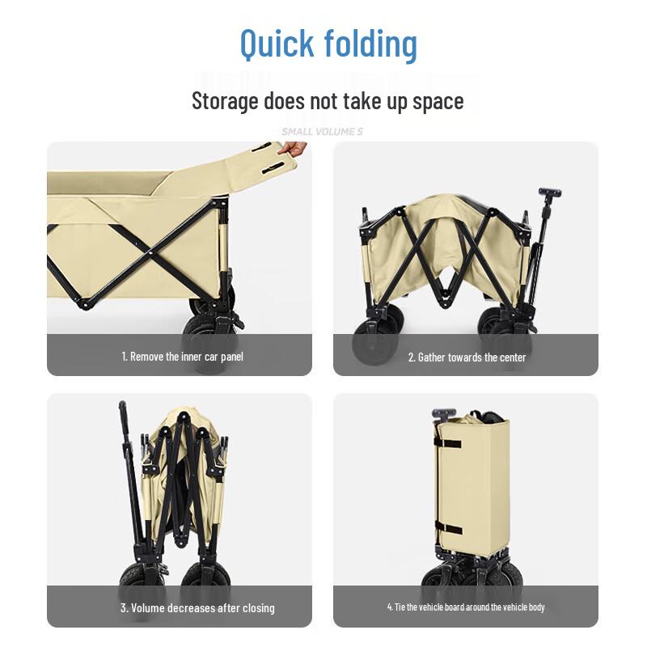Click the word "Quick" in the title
pyautogui.click(x=278, y=44)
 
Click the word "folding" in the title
pyautogui.click(x=371, y=44)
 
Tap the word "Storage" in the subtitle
pyautogui.click(x=225, y=101)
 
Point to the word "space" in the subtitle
pyautogui.click(x=437, y=101)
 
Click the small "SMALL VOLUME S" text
pyautogui.click(x=323, y=131)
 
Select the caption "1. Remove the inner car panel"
pyautogui.click(x=182, y=356)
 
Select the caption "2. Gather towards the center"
pyautogui.click(x=467, y=357)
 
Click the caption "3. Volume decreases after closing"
pyautogui.click(x=197, y=607)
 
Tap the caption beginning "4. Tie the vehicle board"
pyautogui.click(x=465, y=607)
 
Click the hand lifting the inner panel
pyautogui.click(x=293, y=149)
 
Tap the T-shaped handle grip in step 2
pyautogui.click(x=550, y=193)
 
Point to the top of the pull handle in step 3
pyautogui.click(x=123, y=407)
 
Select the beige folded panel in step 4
pyautogui.click(x=477, y=485)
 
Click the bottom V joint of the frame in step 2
pyautogui.click(x=442, y=302)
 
